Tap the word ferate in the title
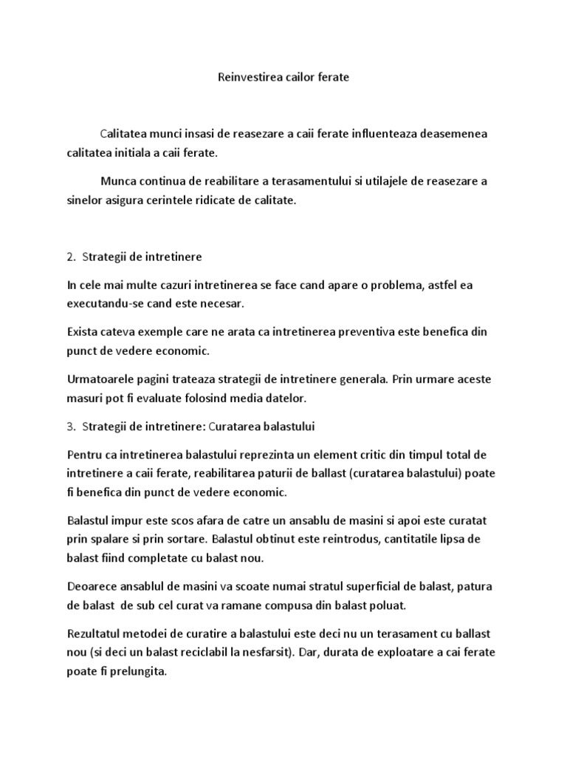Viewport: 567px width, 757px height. (x=332, y=77)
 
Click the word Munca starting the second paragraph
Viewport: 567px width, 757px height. (x=120, y=181)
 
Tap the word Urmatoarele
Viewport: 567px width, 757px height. (x=102, y=379)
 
